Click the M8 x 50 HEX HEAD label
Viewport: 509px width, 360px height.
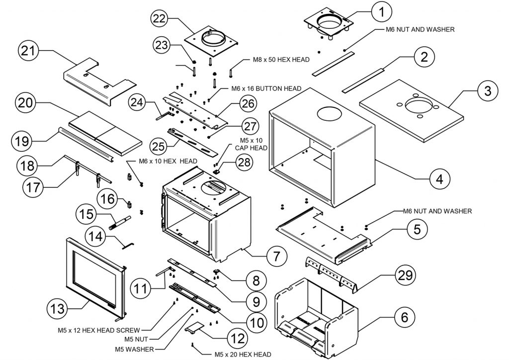[276, 59]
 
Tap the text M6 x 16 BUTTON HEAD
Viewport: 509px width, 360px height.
[266, 89]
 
